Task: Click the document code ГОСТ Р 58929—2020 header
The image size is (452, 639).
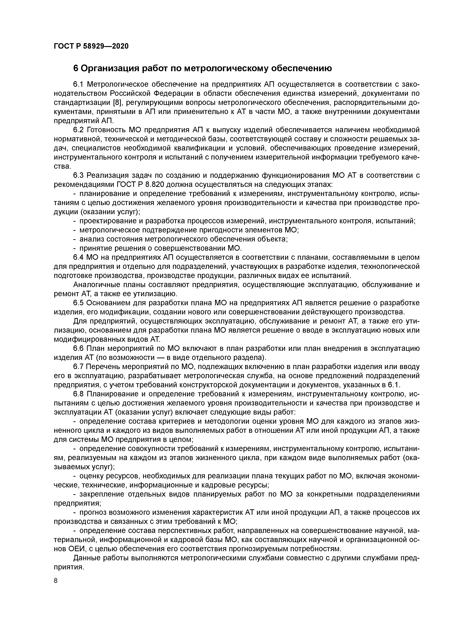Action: point(91,46)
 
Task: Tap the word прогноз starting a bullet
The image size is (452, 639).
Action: point(92,512)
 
